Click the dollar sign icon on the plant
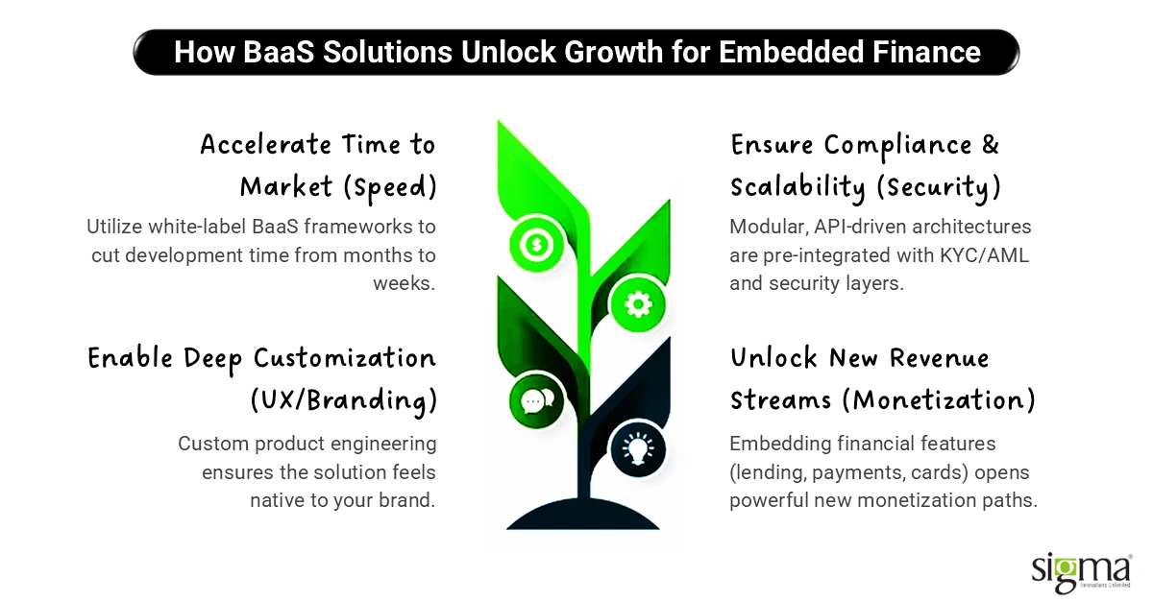[x=536, y=244]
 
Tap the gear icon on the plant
[x=638, y=304]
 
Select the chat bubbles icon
[x=536, y=400]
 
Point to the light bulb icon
[x=638, y=448]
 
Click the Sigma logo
[x=1082, y=572]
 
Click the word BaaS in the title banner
[x=279, y=52]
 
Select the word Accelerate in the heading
[x=265, y=145]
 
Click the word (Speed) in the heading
[x=390, y=187]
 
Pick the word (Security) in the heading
[x=939, y=187]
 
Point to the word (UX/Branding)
[x=344, y=400]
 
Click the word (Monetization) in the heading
[x=939, y=400]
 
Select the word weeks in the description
[x=405, y=283]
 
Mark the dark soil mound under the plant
[x=582, y=514]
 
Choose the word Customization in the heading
[x=345, y=358]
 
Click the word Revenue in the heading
[x=940, y=358]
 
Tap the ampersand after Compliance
[x=991, y=145]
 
